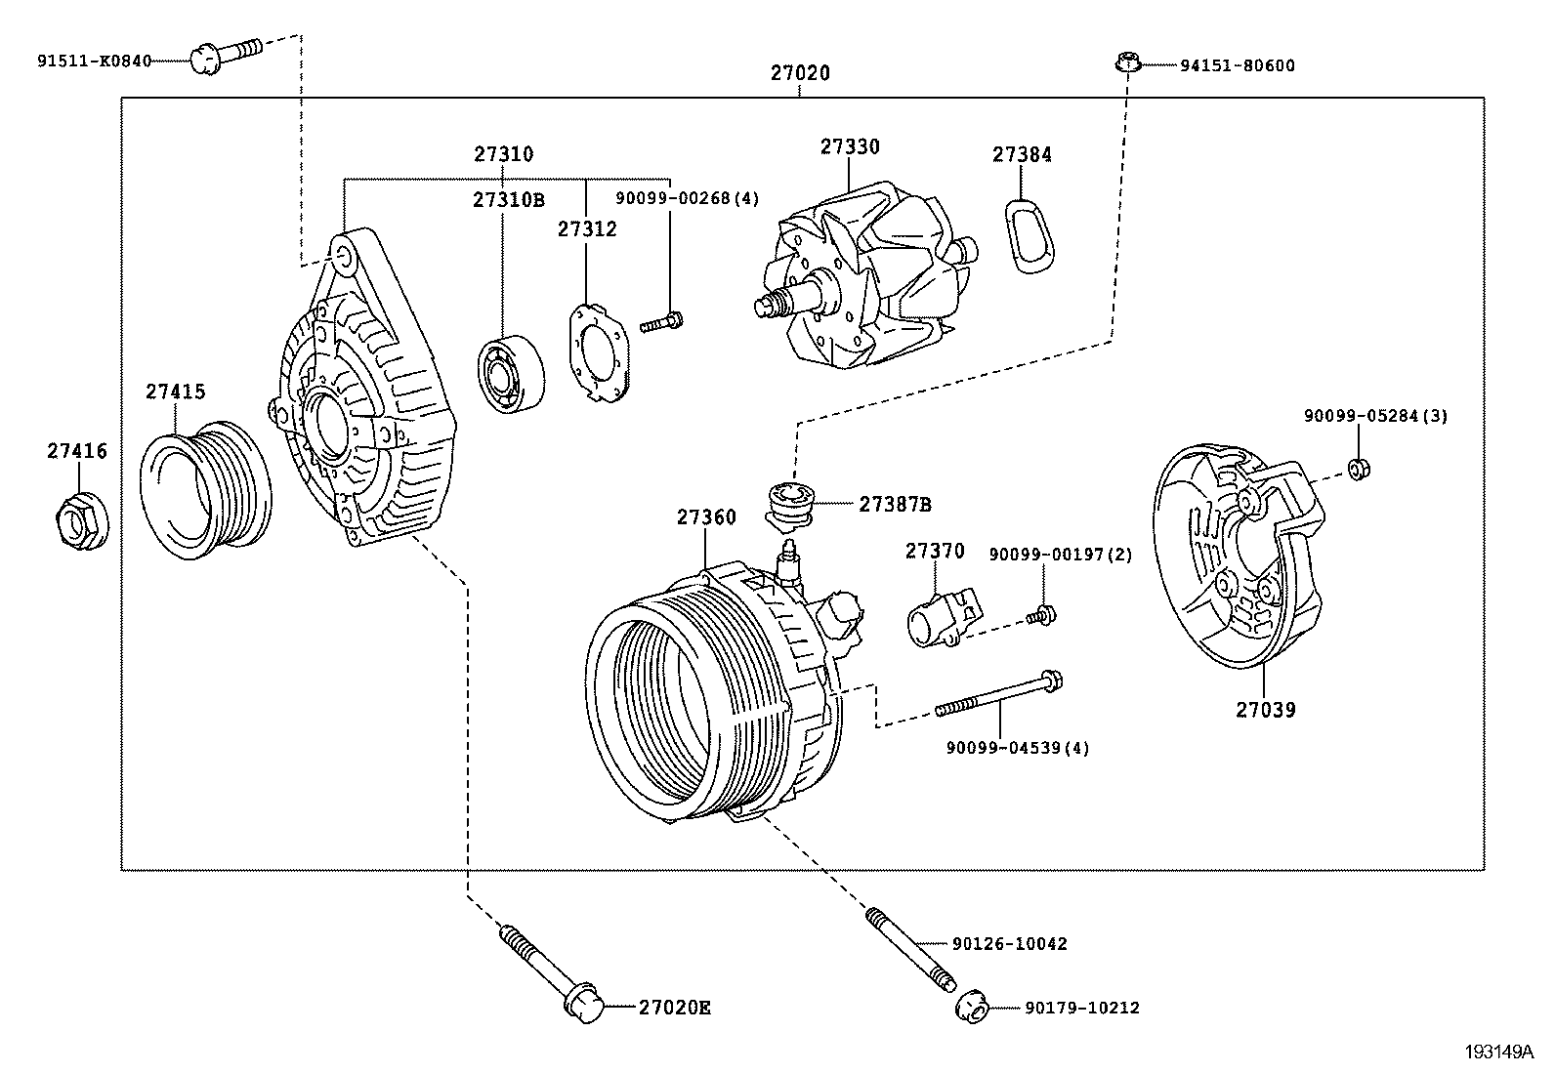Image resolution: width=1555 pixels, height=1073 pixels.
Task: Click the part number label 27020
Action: (x=799, y=73)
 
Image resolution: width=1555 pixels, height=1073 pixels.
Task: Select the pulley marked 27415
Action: (x=206, y=491)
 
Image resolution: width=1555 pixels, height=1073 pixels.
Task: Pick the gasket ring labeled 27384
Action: (x=1028, y=234)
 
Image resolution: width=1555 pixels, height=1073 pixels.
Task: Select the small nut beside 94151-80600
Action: (x=1127, y=64)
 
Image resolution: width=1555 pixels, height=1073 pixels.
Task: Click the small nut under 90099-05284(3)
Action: (x=1357, y=469)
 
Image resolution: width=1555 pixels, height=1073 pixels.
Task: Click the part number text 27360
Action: (x=706, y=517)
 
